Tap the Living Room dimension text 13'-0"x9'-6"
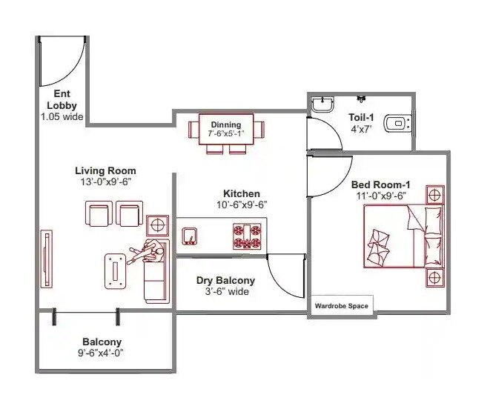coord(108,182)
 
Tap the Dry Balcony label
coord(225,281)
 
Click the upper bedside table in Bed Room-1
coord(435,196)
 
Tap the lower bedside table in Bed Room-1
coord(435,278)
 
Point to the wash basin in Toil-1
coord(322,104)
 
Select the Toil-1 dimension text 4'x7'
coord(362,128)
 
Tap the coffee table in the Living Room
coord(116,268)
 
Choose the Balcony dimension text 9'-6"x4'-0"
coord(102,353)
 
